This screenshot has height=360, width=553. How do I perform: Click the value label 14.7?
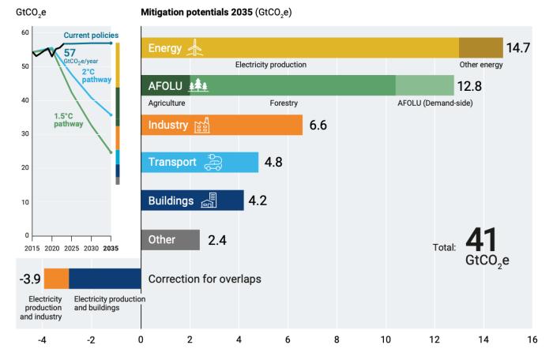[x=517, y=48]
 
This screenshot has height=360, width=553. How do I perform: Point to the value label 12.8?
[x=469, y=86]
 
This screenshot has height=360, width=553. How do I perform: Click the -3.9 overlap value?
[x=29, y=278]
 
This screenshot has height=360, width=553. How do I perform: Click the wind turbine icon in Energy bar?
[x=194, y=48]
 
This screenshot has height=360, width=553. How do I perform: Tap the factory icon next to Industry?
[x=201, y=125]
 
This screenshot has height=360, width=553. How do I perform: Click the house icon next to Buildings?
[x=209, y=201]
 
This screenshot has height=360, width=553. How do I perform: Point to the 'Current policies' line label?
[x=91, y=36]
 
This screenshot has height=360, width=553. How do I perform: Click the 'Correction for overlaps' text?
[x=205, y=279]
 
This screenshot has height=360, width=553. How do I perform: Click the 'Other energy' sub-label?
[x=480, y=65]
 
